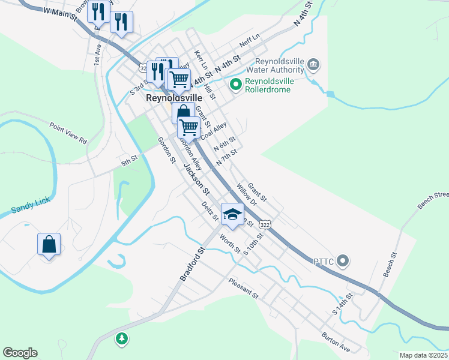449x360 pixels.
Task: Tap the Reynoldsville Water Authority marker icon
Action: pyautogui.click(x=313, y=64)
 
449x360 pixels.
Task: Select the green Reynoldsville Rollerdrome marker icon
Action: pyautogui.click(x=235, y=85)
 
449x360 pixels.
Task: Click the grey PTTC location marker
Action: pyautogui.click(x=343, y=260)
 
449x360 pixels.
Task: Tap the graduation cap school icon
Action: pyautogui.click(x=233, y=214)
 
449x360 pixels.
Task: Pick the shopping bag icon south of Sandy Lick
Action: pyautogui.click(x=49, y=244)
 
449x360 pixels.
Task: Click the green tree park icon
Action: pyautogui.click(x=122, y=339)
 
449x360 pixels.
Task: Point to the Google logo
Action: pyautogui.click(x=20, y=353)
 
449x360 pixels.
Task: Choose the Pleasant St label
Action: pyautogui.click(x=243, y=289)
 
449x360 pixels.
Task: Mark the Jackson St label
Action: pyautogui.click(x=196, y=179)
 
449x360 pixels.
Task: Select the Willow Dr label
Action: pyautogui.click(x=246, y=195)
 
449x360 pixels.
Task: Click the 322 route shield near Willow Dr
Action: pyautogui.click(x=265, y=223)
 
